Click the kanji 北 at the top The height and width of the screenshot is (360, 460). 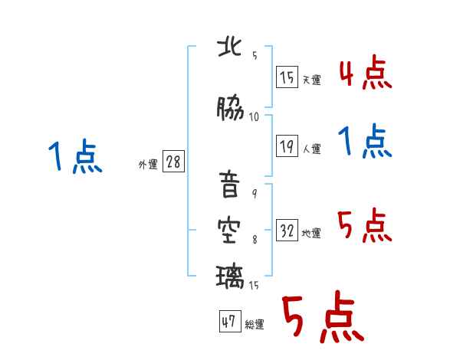tap(231, 48)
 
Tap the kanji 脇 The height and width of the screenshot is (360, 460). tap(231, 110)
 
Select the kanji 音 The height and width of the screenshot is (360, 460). tap(231, 186)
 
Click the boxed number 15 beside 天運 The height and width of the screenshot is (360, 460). tap(287, 77)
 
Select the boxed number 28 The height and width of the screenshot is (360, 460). tap(173, 162)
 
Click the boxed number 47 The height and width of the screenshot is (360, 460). tap(228, 322)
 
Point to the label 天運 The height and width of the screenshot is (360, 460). tap(311, 80)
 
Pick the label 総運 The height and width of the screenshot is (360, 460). tap(255, 325)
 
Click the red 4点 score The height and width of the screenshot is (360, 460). tap(365, 74)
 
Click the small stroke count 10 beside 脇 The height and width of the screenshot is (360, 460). tap(254, 116)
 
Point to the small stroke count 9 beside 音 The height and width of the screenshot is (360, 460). tap(254, 193)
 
